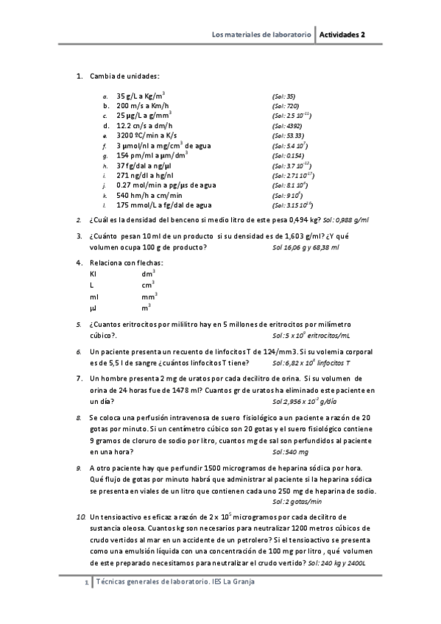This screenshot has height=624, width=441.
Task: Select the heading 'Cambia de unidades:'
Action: point(124,76)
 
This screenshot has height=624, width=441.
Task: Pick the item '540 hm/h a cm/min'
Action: point(145,196)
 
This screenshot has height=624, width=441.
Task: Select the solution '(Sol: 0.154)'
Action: point(287,156)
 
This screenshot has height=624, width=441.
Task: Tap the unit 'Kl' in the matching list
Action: point(93,274)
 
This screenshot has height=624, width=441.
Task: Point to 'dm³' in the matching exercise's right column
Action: point(148,274)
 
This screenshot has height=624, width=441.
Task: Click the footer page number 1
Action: point(88,583)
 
